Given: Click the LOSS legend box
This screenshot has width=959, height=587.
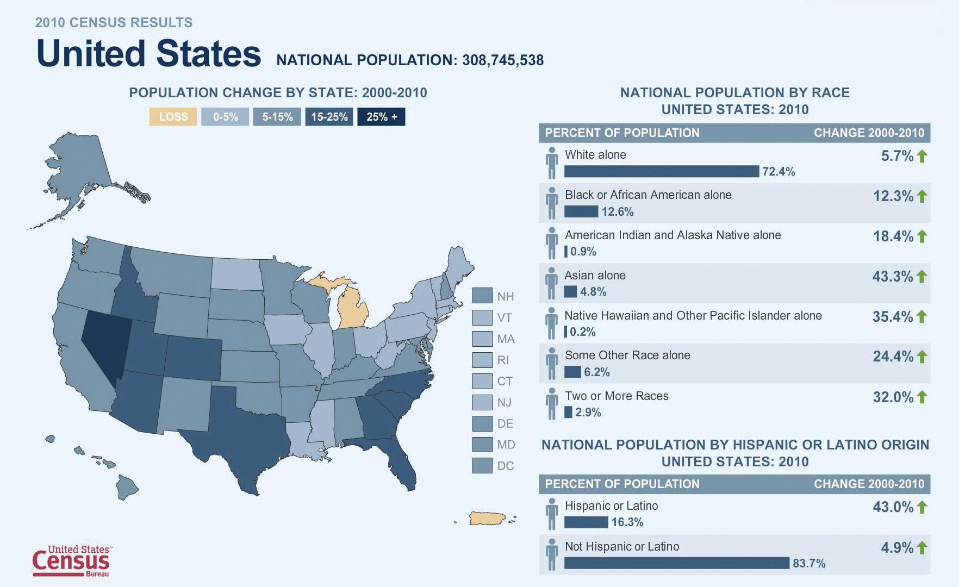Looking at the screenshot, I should click(x=173, y=117).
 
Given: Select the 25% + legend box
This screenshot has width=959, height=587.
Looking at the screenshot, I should click(x=381, y=117).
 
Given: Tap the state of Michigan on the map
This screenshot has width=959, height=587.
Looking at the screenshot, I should click(x=352, y=310).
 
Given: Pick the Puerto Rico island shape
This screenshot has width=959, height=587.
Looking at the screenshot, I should click(x=488, y=519).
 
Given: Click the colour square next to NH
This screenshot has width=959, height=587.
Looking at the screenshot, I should click(x=482, y=296).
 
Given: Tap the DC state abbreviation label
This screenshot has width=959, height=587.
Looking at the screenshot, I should click(x=505, y=466).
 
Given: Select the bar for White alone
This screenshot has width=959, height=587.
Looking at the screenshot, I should click(x=661, y=172).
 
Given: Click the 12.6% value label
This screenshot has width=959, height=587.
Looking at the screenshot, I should click(x=618, y=212).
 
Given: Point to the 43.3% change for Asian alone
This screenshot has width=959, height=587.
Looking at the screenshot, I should click(x=892, y=277).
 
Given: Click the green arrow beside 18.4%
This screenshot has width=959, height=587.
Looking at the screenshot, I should click(x=921, y=236).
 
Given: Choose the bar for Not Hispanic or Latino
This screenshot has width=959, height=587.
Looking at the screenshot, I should click(x=676, y=563).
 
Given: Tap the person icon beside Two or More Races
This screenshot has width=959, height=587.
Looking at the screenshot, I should click(x=552, y=404).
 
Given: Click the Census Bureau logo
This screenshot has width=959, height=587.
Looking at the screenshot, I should click(x=71, y=560).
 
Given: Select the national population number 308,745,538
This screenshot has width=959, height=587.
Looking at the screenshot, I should click(x=503, y=60).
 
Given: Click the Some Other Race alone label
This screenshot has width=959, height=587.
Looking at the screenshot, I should click(x=627, y=355).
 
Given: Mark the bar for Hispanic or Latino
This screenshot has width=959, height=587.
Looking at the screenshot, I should click(x=586, y=522).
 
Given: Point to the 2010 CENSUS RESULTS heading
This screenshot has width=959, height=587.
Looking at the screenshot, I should click(x=114, y=23).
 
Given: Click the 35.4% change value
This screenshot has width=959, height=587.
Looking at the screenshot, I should click(x=892, y=317).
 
